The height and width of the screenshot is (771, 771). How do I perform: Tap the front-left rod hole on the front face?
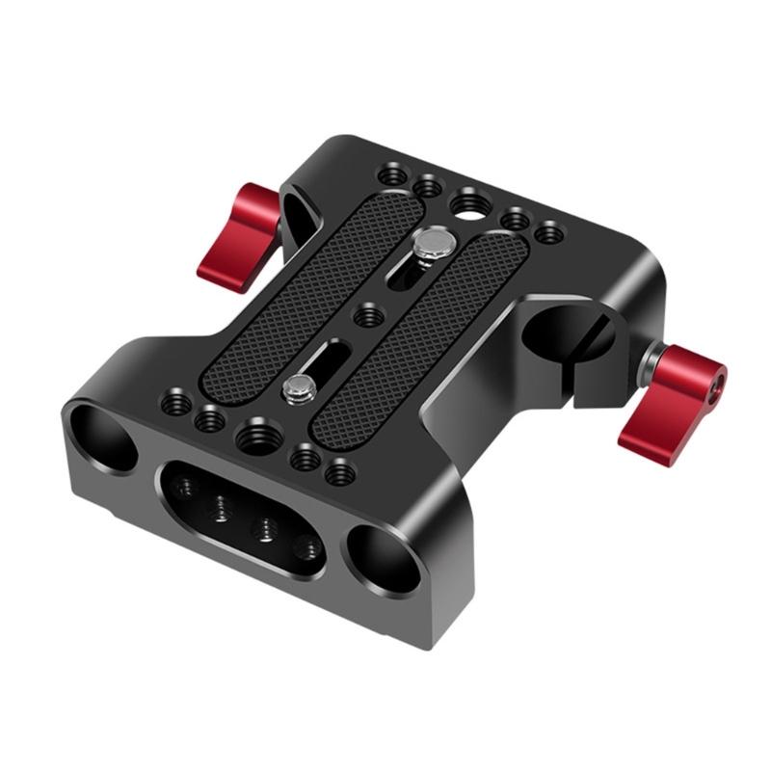[103, 437]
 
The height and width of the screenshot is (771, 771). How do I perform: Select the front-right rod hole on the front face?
[385, 560]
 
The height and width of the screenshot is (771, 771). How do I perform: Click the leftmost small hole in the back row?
[392, 175]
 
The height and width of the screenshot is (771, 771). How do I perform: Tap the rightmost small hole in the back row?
[549, 232]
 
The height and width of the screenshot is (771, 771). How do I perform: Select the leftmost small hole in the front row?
[175, 402]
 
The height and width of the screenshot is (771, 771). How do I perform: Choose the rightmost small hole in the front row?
[337, 474]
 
